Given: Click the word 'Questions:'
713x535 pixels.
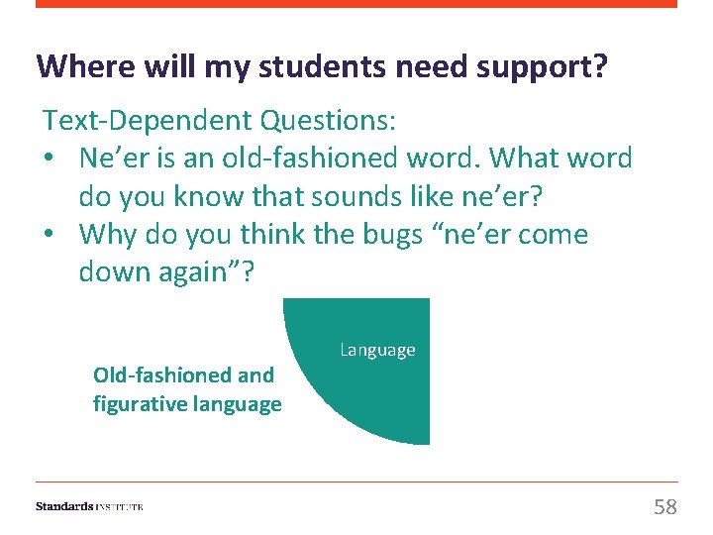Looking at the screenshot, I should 327,121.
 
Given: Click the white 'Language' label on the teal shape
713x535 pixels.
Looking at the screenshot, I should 377,350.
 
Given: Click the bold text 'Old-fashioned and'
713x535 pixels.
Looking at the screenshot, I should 183,375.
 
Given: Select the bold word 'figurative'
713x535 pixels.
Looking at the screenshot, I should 140,403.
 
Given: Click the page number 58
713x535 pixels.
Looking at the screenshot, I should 665,507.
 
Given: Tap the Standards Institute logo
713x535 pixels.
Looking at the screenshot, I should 89,506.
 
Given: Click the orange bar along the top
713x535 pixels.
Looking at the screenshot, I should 356,4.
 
